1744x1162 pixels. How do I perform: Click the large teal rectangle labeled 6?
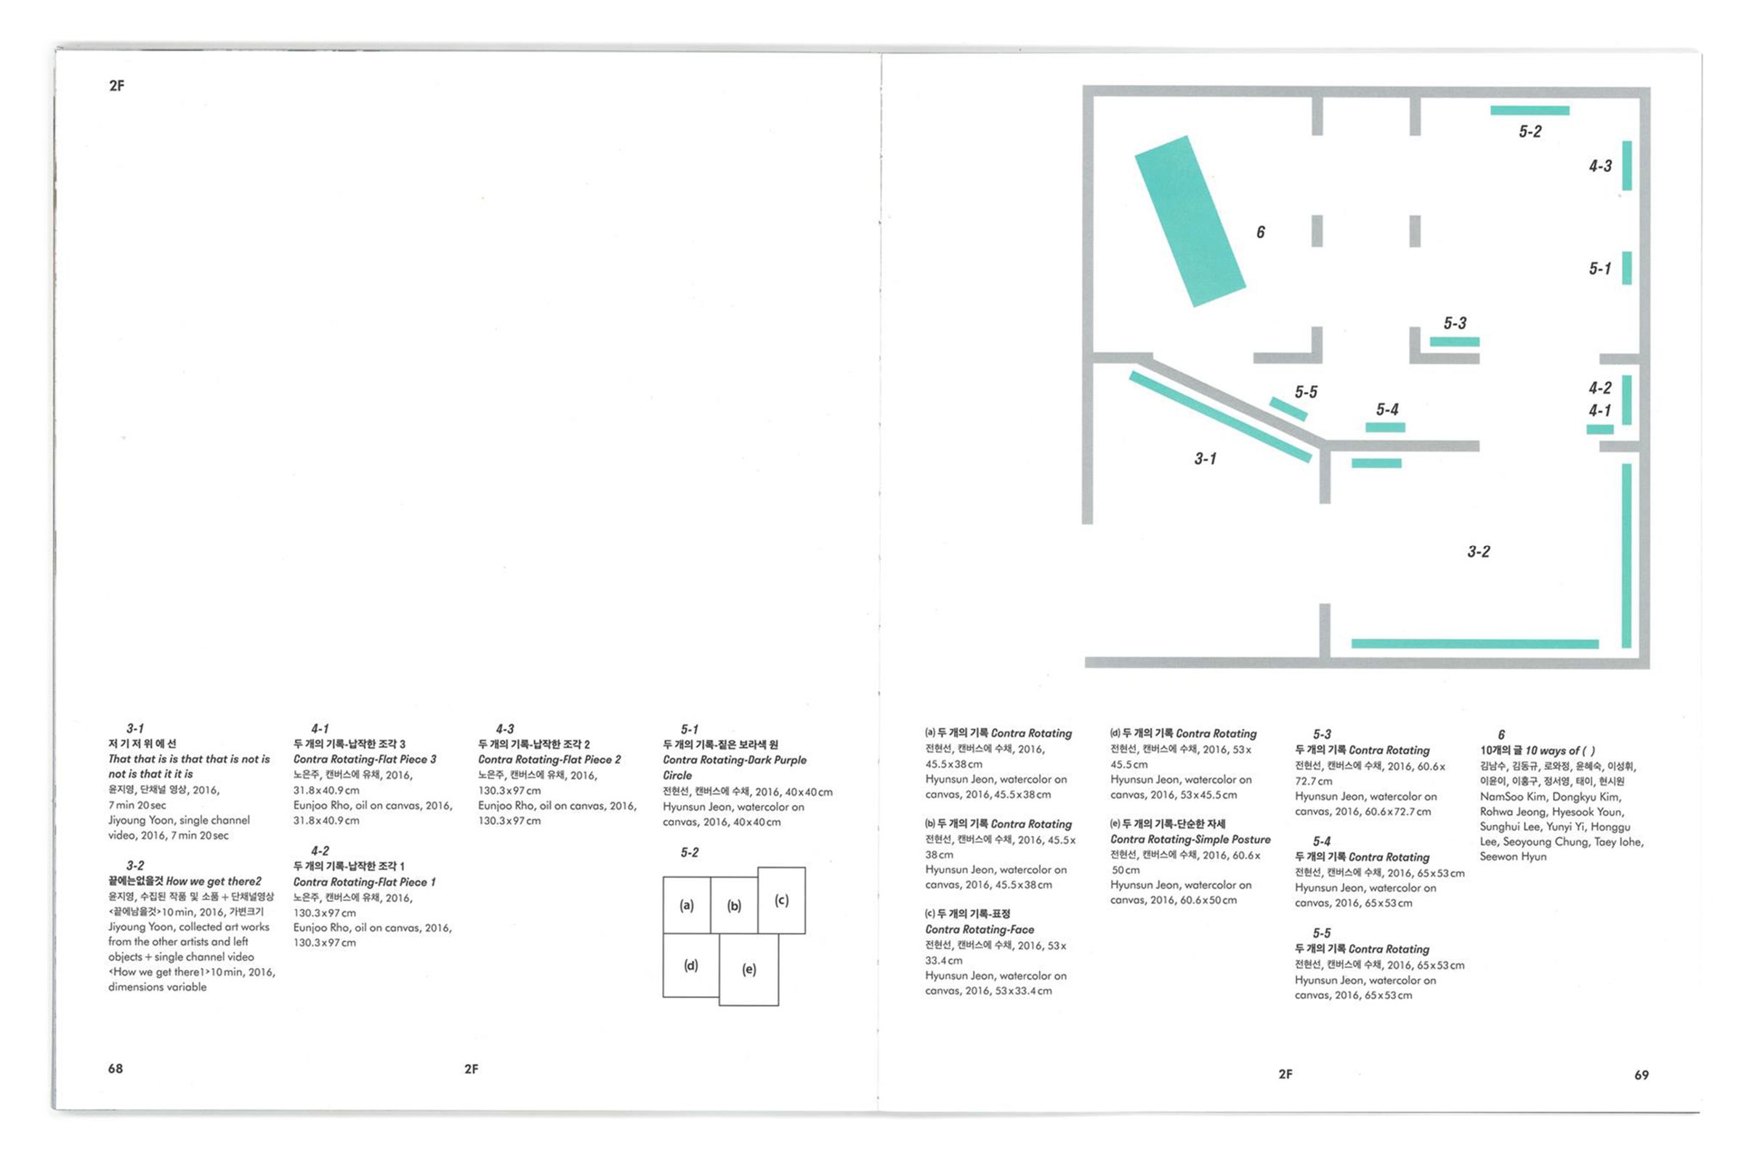pos(1190,221)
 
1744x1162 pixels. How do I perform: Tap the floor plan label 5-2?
pos(1530,132)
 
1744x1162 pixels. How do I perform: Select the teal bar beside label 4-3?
pos(1627,166)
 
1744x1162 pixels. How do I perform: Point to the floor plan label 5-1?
pos(1599,268)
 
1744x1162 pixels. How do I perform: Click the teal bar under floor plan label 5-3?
pos(1454,341)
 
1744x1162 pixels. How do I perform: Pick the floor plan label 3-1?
pos(1205,459)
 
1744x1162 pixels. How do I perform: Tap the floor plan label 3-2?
pos(1479,551)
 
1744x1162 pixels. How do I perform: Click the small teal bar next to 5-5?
pos(1288,409)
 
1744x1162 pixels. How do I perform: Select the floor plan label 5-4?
pos(1387,409)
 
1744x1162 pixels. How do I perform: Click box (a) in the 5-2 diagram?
pos(687,905)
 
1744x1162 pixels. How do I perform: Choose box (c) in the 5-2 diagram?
pos(782,900)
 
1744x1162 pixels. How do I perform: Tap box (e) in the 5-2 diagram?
pos(749,970)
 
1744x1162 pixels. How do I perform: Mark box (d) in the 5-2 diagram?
pos(691,965)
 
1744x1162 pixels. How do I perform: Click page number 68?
pos(116,1068)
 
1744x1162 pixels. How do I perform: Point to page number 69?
pos(1642,1075)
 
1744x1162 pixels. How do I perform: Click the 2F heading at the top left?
pos(116,86)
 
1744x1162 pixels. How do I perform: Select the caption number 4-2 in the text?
pos(320,850)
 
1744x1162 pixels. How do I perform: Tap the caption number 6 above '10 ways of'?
pos(1501,734)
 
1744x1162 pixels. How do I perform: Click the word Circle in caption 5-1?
pos(677,775)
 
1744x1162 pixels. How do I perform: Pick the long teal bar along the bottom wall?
pos(1475,644)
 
